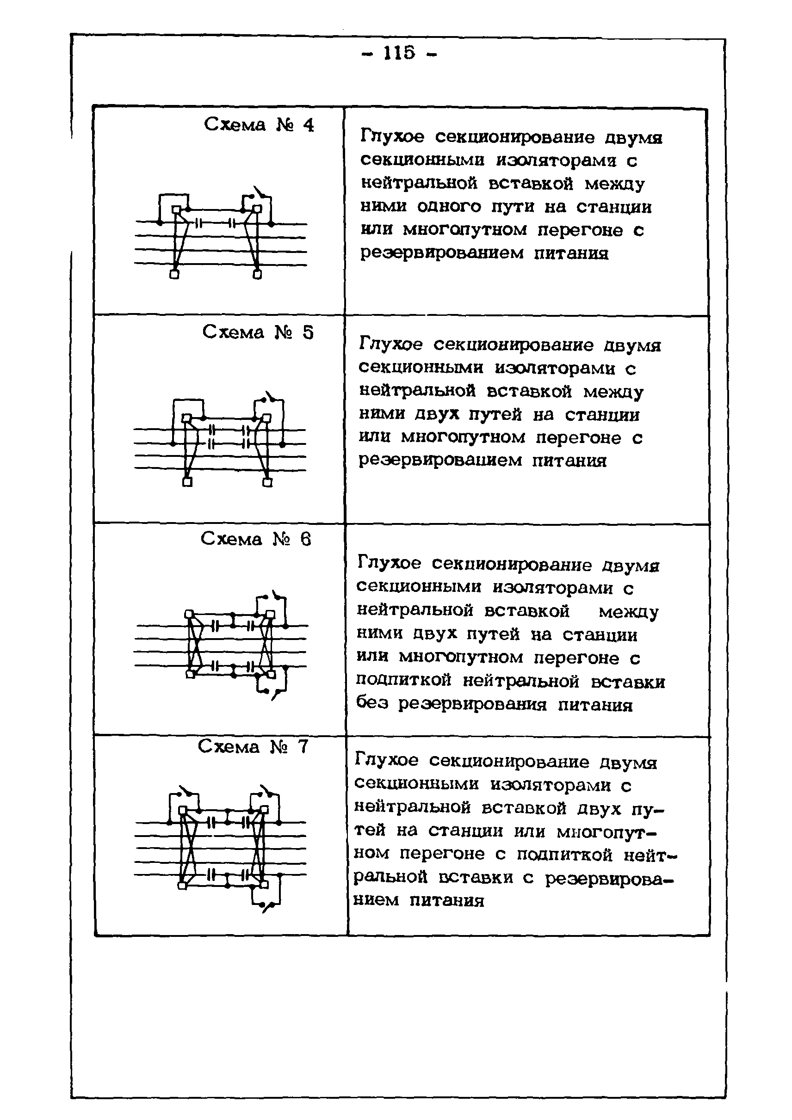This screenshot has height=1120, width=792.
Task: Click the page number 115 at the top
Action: click(400, 53)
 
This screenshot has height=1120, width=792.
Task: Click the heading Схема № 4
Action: click(259, 125)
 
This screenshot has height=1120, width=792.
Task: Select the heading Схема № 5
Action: click(258, 332)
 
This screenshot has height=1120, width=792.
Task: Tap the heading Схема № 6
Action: click(256, 539)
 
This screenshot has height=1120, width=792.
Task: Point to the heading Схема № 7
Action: click(253, 747)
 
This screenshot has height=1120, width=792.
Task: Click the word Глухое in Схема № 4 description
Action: click(392, 137)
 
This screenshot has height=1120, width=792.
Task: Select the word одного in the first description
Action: click(449, 207)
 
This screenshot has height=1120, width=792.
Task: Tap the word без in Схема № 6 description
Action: click(372, 703)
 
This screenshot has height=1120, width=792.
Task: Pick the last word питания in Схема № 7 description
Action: click(447, 900)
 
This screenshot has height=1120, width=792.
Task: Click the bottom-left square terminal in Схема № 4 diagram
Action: click(174, 275)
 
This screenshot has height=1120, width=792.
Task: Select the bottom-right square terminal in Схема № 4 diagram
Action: click(257, 275)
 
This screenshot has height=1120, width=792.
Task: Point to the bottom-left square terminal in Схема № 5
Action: click(187, 482)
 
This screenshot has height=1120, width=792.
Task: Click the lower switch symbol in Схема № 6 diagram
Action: click(273, 693)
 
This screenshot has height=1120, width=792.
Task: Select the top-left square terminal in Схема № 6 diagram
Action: click(189, 614)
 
